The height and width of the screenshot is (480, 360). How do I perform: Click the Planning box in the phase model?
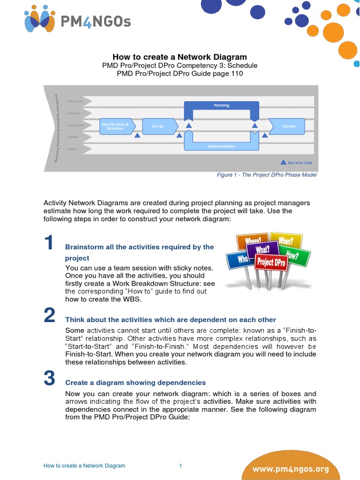click(221, 105)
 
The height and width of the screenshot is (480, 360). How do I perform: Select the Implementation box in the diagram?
click(221, 146)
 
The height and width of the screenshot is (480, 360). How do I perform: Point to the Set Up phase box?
click(158, 126)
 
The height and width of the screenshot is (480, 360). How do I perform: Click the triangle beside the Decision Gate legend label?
click(283, 162)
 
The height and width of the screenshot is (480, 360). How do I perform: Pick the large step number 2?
click(50, 316)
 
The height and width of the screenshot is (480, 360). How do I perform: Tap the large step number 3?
click(50, 378)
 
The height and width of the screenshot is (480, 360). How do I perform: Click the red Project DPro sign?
click(271, 262)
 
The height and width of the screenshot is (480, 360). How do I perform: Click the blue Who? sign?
click(240, 259)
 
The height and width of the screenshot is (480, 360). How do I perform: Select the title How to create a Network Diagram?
click(180, 57)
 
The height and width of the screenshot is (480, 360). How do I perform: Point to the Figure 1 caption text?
click(266, 175)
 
